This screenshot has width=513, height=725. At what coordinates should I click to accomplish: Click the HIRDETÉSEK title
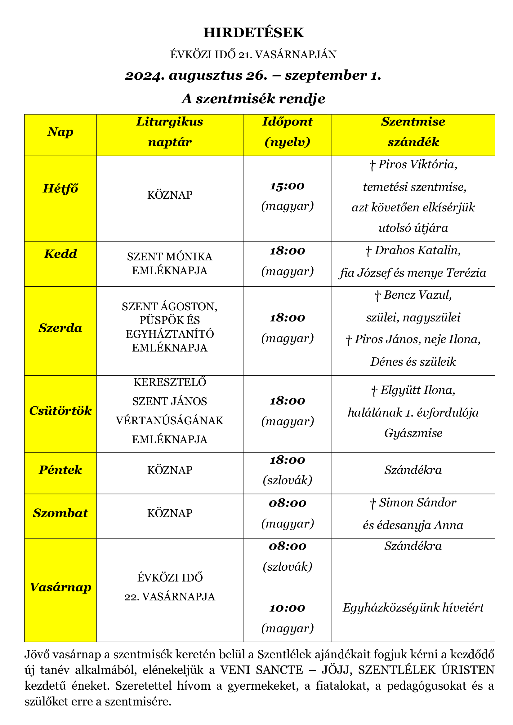(x=253, y=33)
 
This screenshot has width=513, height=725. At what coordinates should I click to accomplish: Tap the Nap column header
(x=60, y=132)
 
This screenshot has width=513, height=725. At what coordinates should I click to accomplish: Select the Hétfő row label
(x=60, y=188)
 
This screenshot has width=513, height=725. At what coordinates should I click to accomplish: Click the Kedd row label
(x=60, y=254)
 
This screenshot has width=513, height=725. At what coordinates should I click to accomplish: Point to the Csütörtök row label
(x=60, y=410)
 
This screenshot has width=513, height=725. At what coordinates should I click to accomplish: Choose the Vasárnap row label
(x=60, y=587)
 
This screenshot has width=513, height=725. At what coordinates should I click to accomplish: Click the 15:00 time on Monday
(x=287, y=186)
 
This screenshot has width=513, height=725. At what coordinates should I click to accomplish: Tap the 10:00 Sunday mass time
(x=287, y=608)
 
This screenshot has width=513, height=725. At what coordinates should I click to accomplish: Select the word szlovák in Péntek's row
(x=288, y=480)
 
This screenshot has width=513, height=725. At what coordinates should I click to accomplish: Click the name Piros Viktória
(x=417, y=165)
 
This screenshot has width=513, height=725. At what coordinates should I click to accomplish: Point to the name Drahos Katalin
(x=417, y=250)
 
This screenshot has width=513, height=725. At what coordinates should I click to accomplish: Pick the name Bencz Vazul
(x=417, y=295)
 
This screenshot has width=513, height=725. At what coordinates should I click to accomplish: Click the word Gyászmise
(x=413, y=433)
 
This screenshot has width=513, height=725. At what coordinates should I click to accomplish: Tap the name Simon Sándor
(x=417, y=502)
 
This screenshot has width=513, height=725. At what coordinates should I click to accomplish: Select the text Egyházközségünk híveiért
(x=413, y=608)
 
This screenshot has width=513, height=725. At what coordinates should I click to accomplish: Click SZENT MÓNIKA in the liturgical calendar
(x=170, y=257)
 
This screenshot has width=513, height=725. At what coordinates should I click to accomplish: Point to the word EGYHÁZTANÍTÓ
(x=170, y=334)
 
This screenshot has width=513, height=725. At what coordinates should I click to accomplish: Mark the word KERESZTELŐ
(x=170, y=382)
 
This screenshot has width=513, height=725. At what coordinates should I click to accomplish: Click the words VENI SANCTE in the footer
(x=261, y=670)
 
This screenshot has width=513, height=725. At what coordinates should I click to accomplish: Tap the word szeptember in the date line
(x=325, y=75)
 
